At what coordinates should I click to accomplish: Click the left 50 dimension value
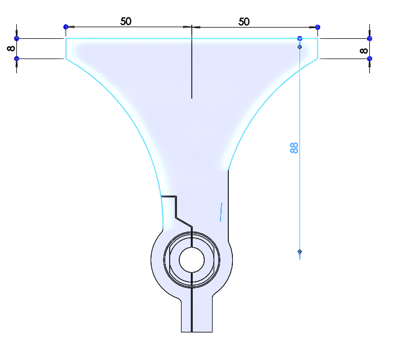pos(126,21)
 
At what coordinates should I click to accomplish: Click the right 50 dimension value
pos(244,22)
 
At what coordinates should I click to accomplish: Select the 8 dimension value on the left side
pos(11,48)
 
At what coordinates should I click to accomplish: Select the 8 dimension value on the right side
pos(364,51)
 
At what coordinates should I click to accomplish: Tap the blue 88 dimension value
pos(294,148)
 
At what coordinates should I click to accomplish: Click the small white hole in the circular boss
pos(192,260)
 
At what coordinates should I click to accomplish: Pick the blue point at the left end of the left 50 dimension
pos(66,26)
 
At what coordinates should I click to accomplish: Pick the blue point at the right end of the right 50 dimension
pos(317,27)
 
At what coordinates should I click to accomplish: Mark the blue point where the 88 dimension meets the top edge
pos(300,38)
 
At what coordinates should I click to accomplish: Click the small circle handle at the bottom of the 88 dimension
pos(300,251)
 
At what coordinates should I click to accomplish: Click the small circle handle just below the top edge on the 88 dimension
pos(300,47)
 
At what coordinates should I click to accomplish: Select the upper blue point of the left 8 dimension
pos(16,38)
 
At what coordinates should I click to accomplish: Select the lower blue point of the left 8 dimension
pos(16,59)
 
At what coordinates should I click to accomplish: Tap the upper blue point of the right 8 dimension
pos(369,38)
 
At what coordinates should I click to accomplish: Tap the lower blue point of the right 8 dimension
pos(369,59)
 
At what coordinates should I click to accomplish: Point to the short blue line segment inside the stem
pos(221,212)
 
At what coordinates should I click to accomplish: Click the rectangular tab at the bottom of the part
pos(197,315)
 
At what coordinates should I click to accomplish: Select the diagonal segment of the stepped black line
pos(184,223)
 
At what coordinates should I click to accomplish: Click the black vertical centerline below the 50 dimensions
pos(192,61)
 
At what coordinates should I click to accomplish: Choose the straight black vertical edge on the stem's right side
pos(228,205)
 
